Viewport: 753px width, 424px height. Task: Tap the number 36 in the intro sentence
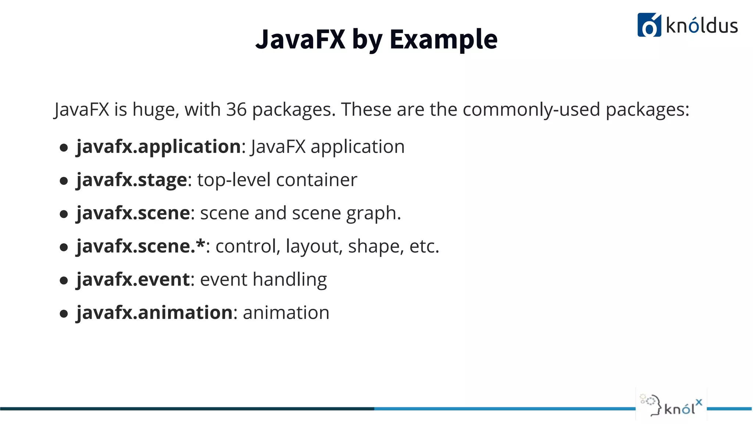(236, 109)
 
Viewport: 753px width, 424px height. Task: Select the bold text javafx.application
(158, 146)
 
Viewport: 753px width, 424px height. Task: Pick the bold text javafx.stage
(132, 180)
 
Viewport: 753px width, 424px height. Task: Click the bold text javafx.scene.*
(140, 246)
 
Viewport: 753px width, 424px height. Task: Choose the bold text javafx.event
(133, 279)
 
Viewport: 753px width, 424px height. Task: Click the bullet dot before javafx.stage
(64, 181)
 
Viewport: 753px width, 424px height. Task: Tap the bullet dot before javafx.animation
(64, 314)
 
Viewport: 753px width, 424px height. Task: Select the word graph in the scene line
(371, 213)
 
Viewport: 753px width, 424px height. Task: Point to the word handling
(290, 279)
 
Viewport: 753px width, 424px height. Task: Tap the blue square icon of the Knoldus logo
(649, 25)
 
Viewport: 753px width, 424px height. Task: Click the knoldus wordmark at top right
(702, 26)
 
